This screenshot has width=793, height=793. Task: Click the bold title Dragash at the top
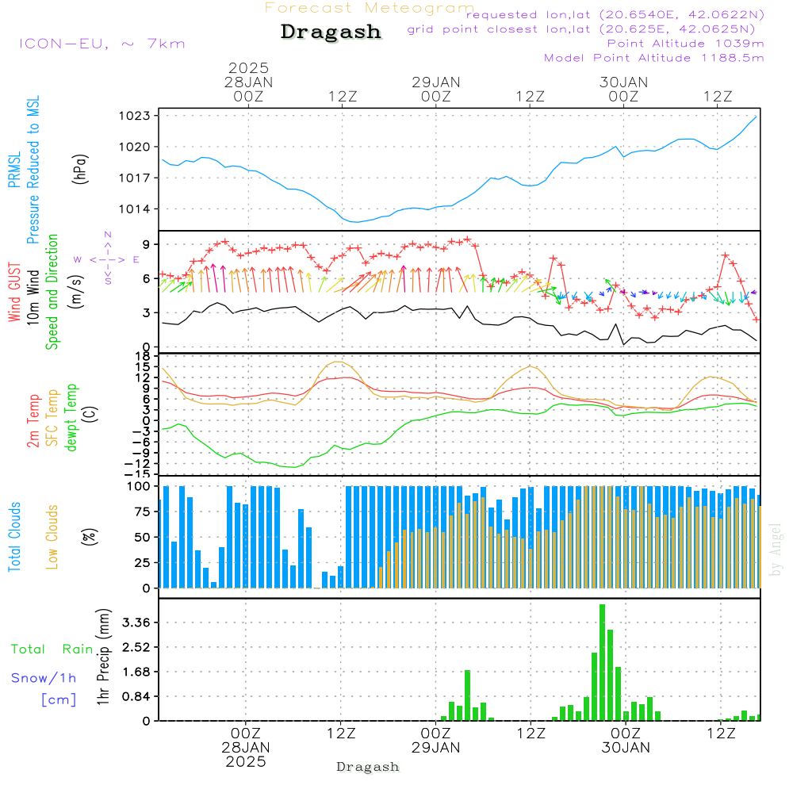[331, 33]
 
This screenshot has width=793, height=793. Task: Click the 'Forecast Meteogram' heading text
[370, 8]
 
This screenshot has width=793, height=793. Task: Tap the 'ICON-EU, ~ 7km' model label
[102, 44]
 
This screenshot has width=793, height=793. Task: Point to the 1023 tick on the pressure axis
[135, 116]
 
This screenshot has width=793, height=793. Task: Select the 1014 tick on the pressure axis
[135, 209]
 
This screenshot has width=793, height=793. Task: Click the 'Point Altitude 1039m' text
[685, 44]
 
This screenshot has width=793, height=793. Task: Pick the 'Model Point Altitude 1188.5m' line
[654, 58]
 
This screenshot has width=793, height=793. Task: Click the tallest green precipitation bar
[602, 662]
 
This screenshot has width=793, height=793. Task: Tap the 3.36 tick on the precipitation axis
[136, 622]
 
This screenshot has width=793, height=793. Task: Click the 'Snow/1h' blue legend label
[44, 678]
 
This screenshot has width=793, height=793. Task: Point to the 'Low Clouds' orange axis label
[52, 537]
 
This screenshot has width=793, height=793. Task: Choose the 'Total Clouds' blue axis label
[14, 537]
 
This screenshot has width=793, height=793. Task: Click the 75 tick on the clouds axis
[142, 511]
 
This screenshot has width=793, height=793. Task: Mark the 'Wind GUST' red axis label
[14, 292]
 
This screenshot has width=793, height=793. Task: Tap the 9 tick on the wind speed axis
[146, 244]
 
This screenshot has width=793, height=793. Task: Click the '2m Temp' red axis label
[33, 421]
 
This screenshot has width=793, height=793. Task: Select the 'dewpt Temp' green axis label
[71, 417]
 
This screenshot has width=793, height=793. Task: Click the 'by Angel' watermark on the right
[776, 550]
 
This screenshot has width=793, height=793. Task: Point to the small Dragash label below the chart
[368, 767]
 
